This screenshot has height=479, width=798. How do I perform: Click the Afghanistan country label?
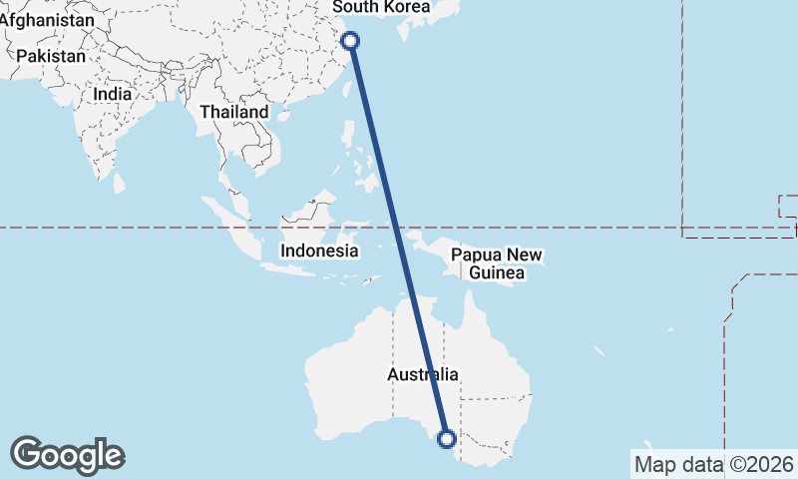47,19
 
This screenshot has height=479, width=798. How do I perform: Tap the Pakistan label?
51,56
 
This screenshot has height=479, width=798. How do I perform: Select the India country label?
112,93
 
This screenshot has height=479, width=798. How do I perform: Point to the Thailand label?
233,112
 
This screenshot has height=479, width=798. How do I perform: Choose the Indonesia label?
318,250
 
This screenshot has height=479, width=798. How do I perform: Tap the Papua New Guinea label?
496,263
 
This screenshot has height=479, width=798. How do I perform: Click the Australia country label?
423,374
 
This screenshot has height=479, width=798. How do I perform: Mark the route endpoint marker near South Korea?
350,41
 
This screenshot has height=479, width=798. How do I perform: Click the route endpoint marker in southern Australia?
447,437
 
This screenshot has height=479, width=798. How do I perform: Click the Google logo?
67,455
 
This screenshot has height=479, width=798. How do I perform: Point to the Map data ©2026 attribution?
714,464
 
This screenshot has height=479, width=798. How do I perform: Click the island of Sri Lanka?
120,184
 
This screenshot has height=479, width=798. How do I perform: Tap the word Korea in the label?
406,7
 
